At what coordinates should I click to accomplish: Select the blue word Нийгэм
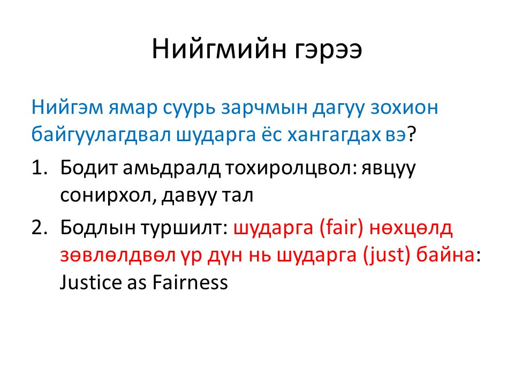tap(67, 107)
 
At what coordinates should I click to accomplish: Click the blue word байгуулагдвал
tap(101, 135)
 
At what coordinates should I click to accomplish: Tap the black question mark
tap(412, 134)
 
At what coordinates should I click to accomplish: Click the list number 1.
tap(39, 167)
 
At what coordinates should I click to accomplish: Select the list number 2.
tap(39, 227)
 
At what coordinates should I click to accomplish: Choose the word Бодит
tap(89, 167)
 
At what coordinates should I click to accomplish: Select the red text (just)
tap(387, 256)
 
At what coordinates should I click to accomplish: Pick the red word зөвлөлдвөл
tap(118, 256)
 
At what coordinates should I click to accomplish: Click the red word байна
tap(445, 255)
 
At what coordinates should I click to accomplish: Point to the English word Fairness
tap(190, 282)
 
